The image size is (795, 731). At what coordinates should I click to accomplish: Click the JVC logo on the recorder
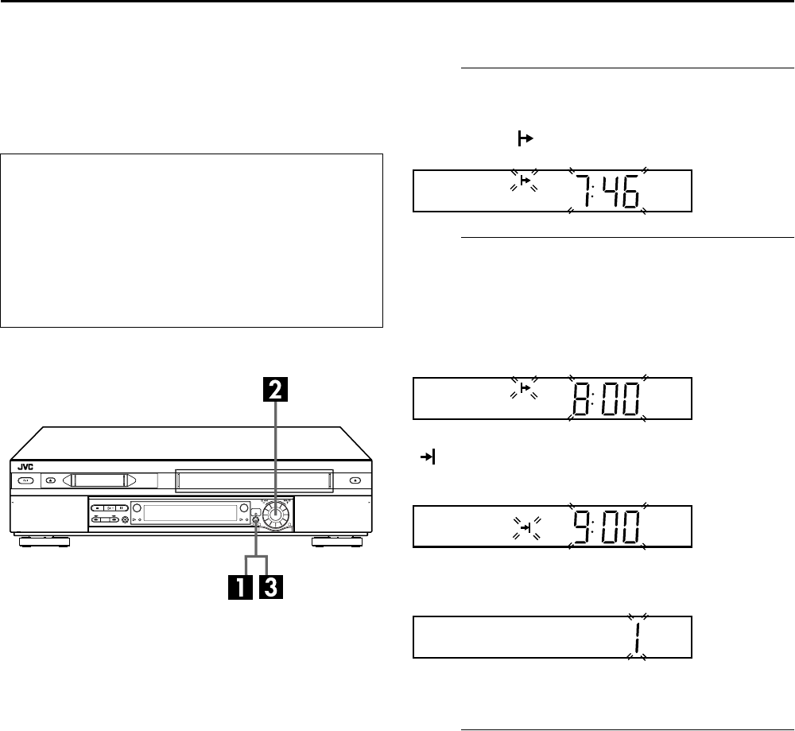[25, 467]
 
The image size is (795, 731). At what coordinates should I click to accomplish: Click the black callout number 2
[275, 390]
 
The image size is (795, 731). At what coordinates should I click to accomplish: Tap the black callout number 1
[240, 588]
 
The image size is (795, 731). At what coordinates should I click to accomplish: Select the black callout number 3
[271, 588]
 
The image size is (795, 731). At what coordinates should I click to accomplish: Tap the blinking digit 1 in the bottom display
[636, 637]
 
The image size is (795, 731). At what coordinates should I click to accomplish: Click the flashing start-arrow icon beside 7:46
[525, 180]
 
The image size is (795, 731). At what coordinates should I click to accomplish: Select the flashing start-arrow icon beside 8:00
[525, 388]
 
